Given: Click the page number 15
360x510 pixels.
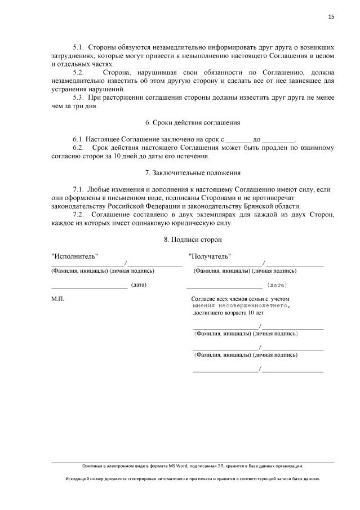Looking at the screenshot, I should [x=331, y=17].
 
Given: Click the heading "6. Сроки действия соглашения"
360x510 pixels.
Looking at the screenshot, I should [x=193, y=122].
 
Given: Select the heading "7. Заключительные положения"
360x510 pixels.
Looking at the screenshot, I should [x=193, y=172].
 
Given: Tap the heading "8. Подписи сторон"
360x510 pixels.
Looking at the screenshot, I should [x=193, y=239].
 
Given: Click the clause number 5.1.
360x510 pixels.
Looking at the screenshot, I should [x=78, y=48].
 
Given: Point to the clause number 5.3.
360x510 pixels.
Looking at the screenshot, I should [x=78, y=97].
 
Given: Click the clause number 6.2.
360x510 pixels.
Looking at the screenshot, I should [x=78, y=148].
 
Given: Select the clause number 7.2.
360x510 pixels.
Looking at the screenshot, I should [x=78, y=214].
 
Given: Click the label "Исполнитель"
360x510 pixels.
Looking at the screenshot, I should [x=74, y=256].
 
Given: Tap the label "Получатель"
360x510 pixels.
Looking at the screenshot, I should [x=210, y=256].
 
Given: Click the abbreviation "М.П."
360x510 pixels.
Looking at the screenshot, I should [x=57, y=299].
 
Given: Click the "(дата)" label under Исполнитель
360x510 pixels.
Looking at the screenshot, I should [x=139, y=285].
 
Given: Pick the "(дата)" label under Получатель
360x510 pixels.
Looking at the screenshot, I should [x=277, y=285].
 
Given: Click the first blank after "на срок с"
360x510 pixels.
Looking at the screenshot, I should [x=238, y=139].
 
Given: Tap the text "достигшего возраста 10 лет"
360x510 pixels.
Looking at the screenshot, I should [x=228, y=312].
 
